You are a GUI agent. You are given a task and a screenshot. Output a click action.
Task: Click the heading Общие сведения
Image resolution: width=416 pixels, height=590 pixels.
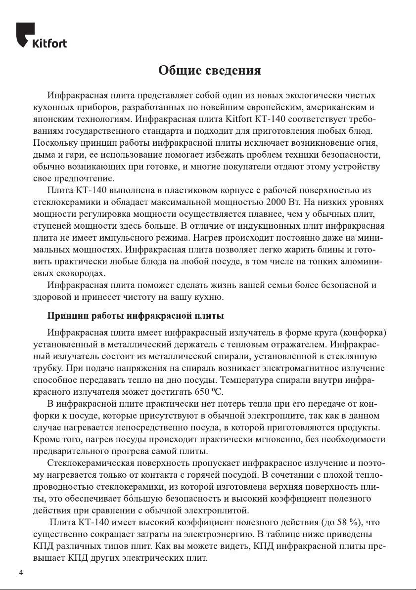(x=209, y=71)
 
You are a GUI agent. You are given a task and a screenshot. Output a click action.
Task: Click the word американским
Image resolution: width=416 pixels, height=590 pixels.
(x=332, y=107)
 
